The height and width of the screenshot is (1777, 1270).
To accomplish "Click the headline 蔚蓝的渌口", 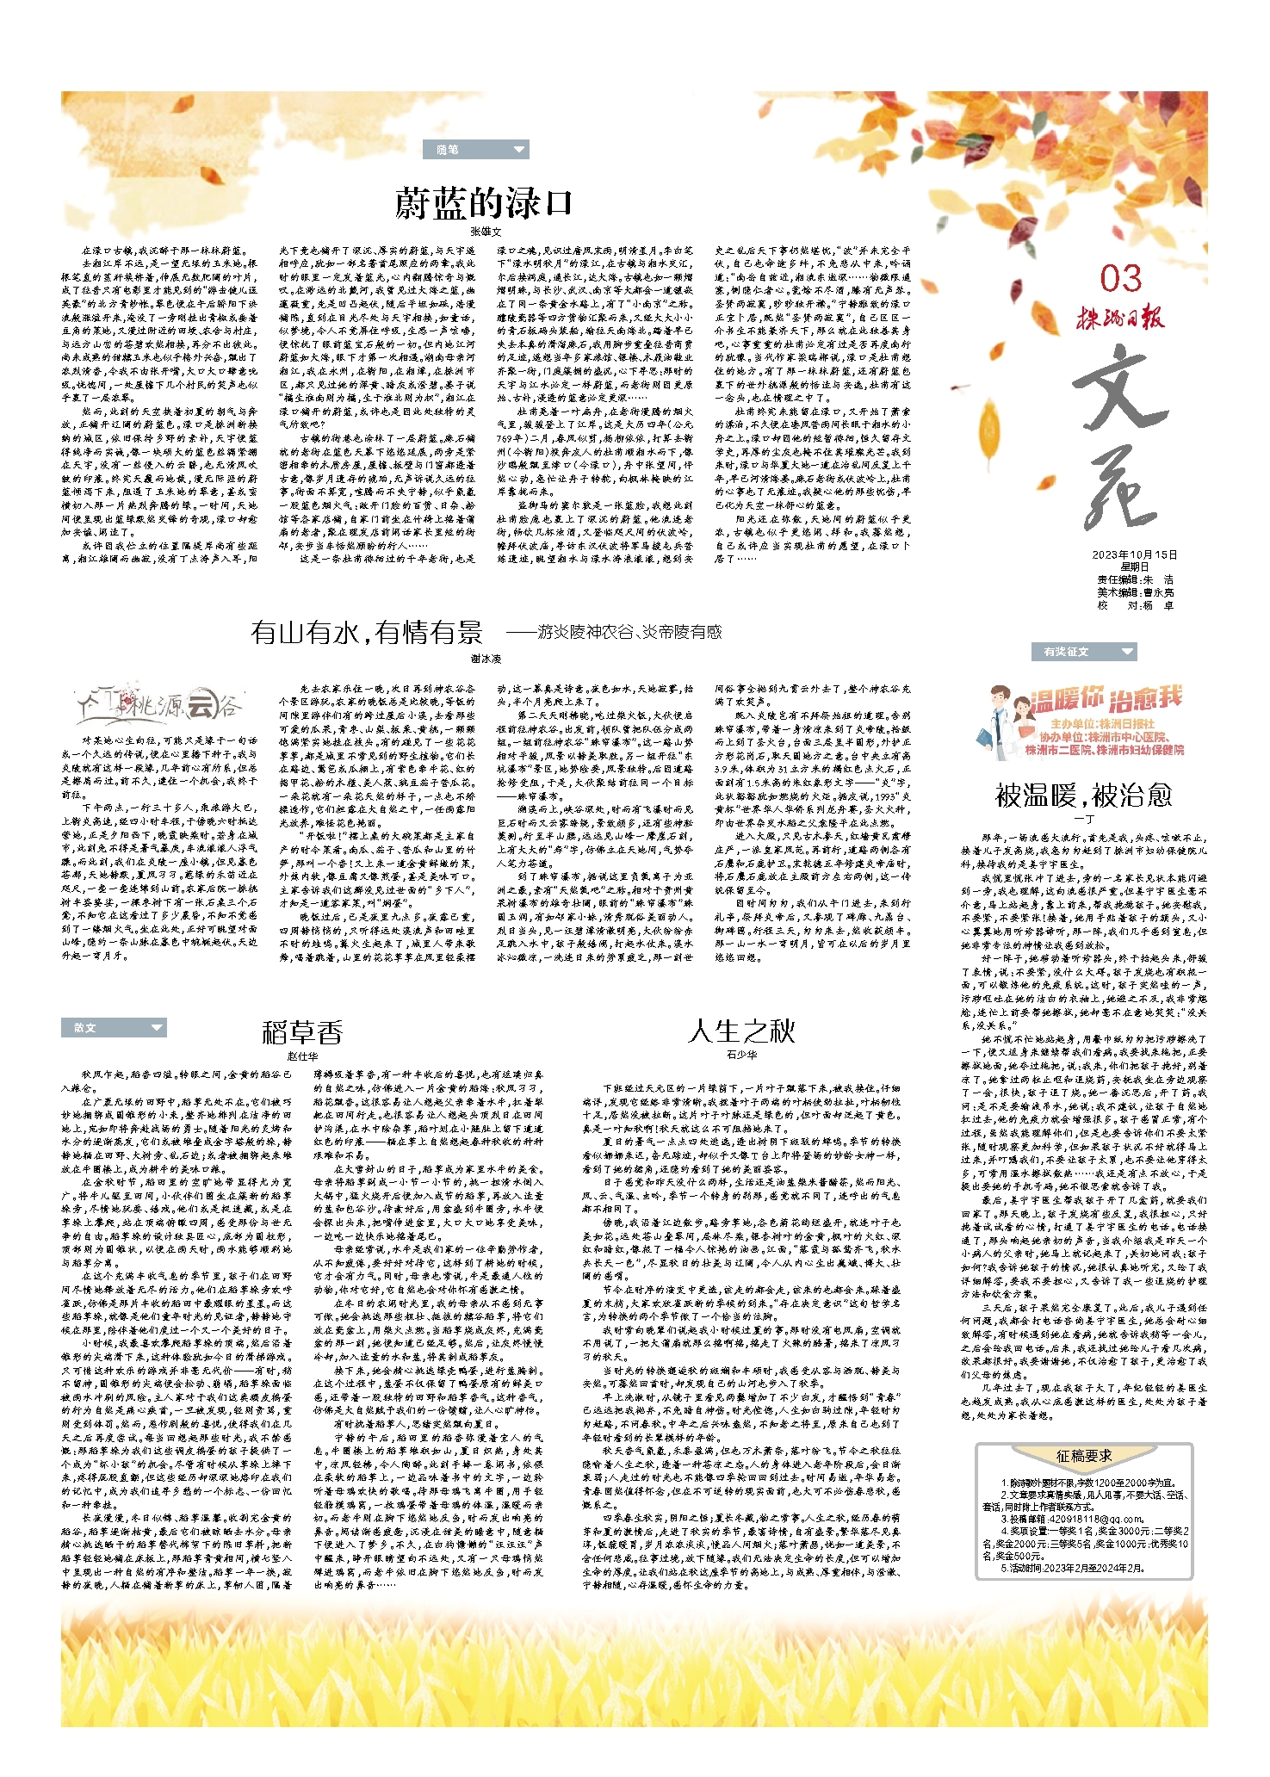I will [x=484, y=203].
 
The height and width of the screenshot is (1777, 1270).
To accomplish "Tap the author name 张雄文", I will [x=486, y=232].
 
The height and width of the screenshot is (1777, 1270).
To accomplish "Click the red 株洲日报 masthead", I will [x=1119, y=318].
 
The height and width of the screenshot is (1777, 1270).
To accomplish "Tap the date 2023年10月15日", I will [x=1134, y=554].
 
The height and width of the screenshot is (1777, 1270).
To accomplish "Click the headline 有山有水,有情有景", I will [x=367, y=633].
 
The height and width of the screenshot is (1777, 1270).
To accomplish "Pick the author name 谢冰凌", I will [x=486, y=659].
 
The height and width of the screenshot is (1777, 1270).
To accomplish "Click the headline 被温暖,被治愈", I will [x=1083, y=795].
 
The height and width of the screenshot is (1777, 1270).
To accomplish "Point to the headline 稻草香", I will [x=302, y=1031].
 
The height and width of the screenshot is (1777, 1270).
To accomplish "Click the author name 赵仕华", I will [x=302, y=1056].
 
